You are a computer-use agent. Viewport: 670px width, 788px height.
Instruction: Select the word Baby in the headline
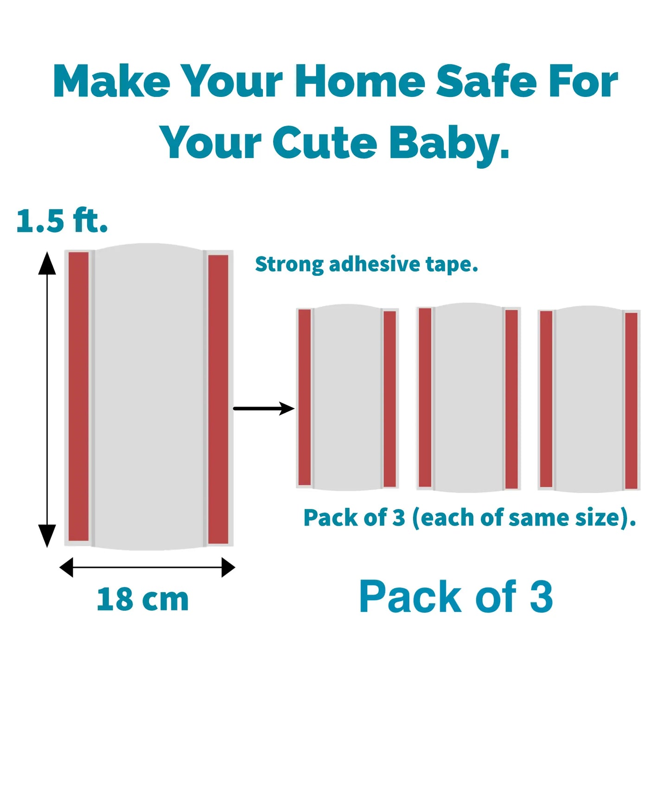tap(448, 144)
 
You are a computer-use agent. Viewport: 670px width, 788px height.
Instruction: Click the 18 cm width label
tap(143, 599)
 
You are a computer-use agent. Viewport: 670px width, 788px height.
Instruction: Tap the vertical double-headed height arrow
tap(47, 399)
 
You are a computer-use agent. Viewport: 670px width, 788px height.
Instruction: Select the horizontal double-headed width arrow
tap(147, 567)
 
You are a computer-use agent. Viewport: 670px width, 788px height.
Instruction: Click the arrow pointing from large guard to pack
tap(263, 408)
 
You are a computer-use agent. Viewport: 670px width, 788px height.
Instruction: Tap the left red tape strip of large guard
tap(79, 396)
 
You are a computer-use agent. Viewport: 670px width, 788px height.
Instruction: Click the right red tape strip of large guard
tap(218, 399)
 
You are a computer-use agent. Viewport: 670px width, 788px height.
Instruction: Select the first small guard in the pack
tap(347, 397)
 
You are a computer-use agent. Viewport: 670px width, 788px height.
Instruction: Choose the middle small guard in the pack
tap(468, 397)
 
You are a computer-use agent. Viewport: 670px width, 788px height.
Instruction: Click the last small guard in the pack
tap(589, 399)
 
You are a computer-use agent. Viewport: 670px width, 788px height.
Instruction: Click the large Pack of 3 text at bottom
tap(456, 597)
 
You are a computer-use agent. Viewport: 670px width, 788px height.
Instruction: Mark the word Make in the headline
tap(111, 82)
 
